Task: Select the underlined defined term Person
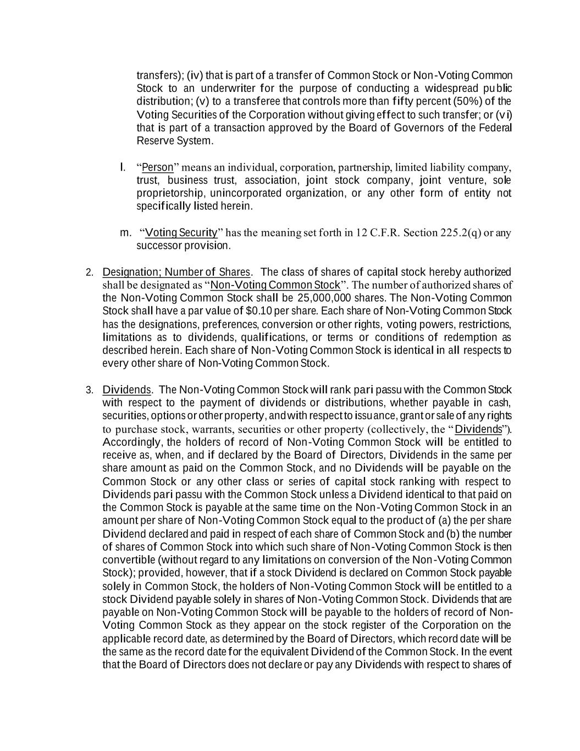157,167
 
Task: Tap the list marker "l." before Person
123,167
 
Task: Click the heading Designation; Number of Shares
176,272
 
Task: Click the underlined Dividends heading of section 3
126,390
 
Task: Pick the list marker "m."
125,233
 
